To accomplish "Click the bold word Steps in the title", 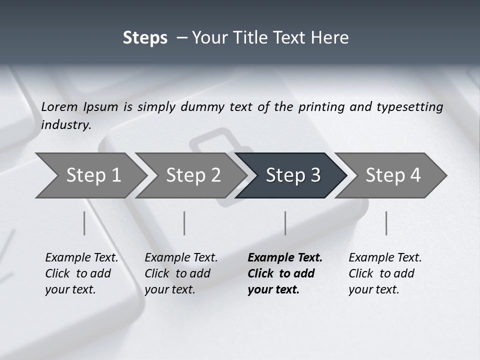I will coord(145,38).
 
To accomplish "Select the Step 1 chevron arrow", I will coord(90,175).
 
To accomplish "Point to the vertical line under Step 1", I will coord(84,223).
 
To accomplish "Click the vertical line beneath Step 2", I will coord(184,223).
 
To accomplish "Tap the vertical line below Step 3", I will coord(285,223).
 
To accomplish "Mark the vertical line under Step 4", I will coord(386,223).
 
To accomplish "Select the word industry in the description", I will coord(65,125).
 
